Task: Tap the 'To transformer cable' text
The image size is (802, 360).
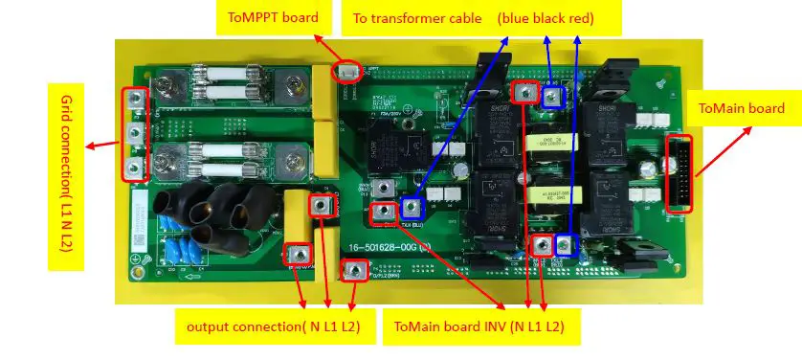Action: (x=417, y=18)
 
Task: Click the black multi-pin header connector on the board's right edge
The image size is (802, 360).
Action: (x=679, y=173)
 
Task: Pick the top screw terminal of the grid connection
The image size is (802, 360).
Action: (x=134, y=100)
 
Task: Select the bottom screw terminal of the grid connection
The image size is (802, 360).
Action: (x=134, y=169)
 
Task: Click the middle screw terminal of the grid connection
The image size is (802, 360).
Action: (x=134, y=133)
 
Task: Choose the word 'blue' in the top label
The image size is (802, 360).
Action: (x=519, y=18)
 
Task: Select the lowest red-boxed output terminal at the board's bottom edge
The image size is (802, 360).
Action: (x=354, y=272)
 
